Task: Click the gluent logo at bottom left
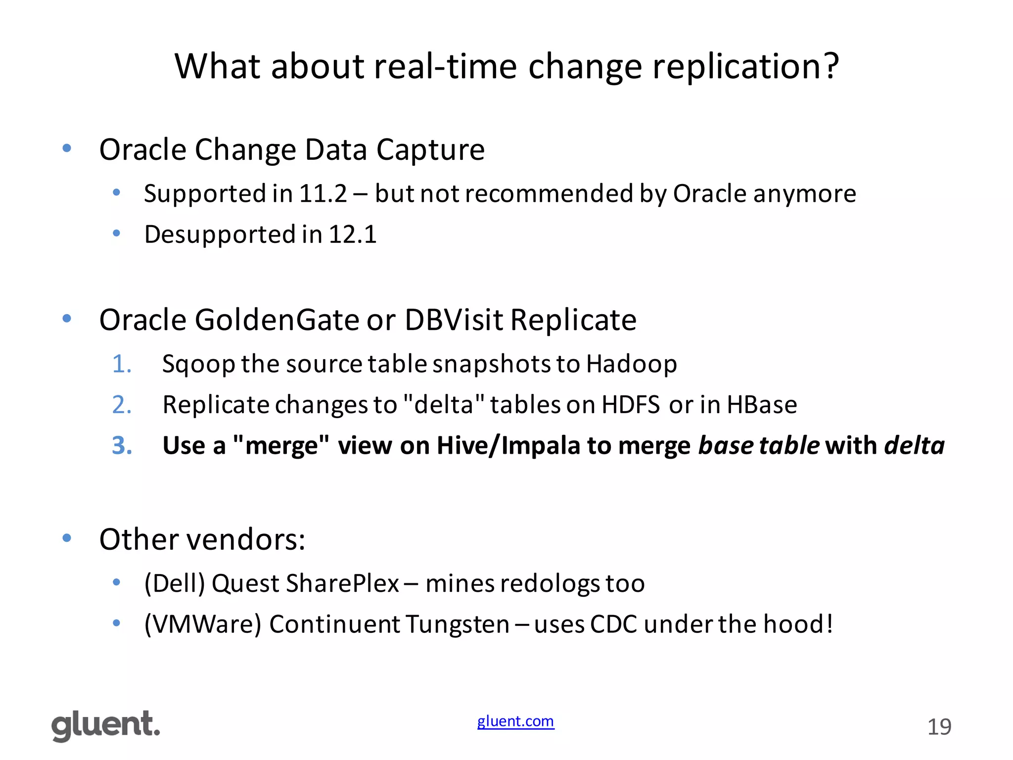tap(106, 725)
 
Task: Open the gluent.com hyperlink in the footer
tap(515, 721)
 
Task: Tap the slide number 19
tap(939, 727)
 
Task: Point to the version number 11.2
tap(323, 193)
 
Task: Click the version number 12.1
tap(352, 235)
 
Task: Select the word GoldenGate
tap(277, 320)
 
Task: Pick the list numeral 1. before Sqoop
tap(122, 364)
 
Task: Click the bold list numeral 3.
tap(122, 446)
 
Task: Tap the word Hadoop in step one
tap(632, 364)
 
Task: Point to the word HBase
tap(762, 405)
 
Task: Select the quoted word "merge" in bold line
tap(280, 446)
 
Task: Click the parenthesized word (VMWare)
tap(202, 624)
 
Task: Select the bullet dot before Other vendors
tap(67, 538)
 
